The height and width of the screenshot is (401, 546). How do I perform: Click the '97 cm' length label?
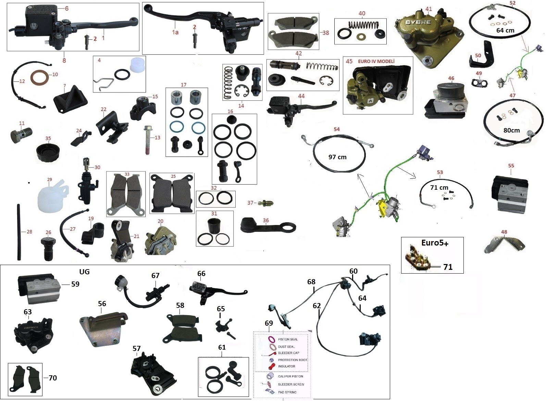point(337,157)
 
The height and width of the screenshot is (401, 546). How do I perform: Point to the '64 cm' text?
point(505,30)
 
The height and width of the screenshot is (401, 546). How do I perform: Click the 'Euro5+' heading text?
point(434,243)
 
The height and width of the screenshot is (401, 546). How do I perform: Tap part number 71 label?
point(448,267)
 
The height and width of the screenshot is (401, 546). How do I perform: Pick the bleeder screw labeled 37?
point(266,203)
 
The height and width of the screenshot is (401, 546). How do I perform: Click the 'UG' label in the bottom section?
point(84,272)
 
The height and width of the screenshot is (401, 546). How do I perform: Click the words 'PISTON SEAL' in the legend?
point(288,339)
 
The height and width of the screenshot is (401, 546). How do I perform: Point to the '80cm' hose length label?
point(511,130)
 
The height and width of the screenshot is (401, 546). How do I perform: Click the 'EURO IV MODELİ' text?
point(376,61)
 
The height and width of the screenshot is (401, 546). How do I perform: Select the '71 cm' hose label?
point(439,187)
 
